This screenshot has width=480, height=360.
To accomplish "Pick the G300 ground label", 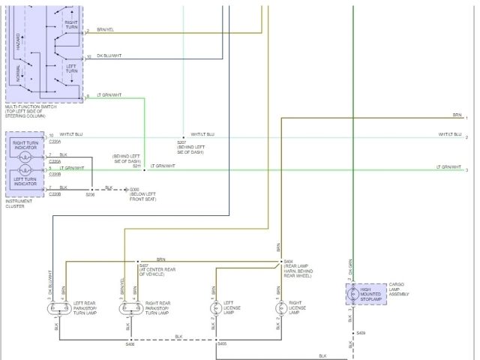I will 135,189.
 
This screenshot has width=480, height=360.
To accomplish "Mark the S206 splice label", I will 90,194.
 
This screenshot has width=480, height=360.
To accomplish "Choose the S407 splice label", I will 143,265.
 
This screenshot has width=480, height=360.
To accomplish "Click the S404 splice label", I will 288,262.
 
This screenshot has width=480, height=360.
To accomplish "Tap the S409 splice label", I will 361,332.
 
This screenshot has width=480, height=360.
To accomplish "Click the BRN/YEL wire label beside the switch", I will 105,29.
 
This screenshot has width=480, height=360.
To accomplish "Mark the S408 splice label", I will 130,344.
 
